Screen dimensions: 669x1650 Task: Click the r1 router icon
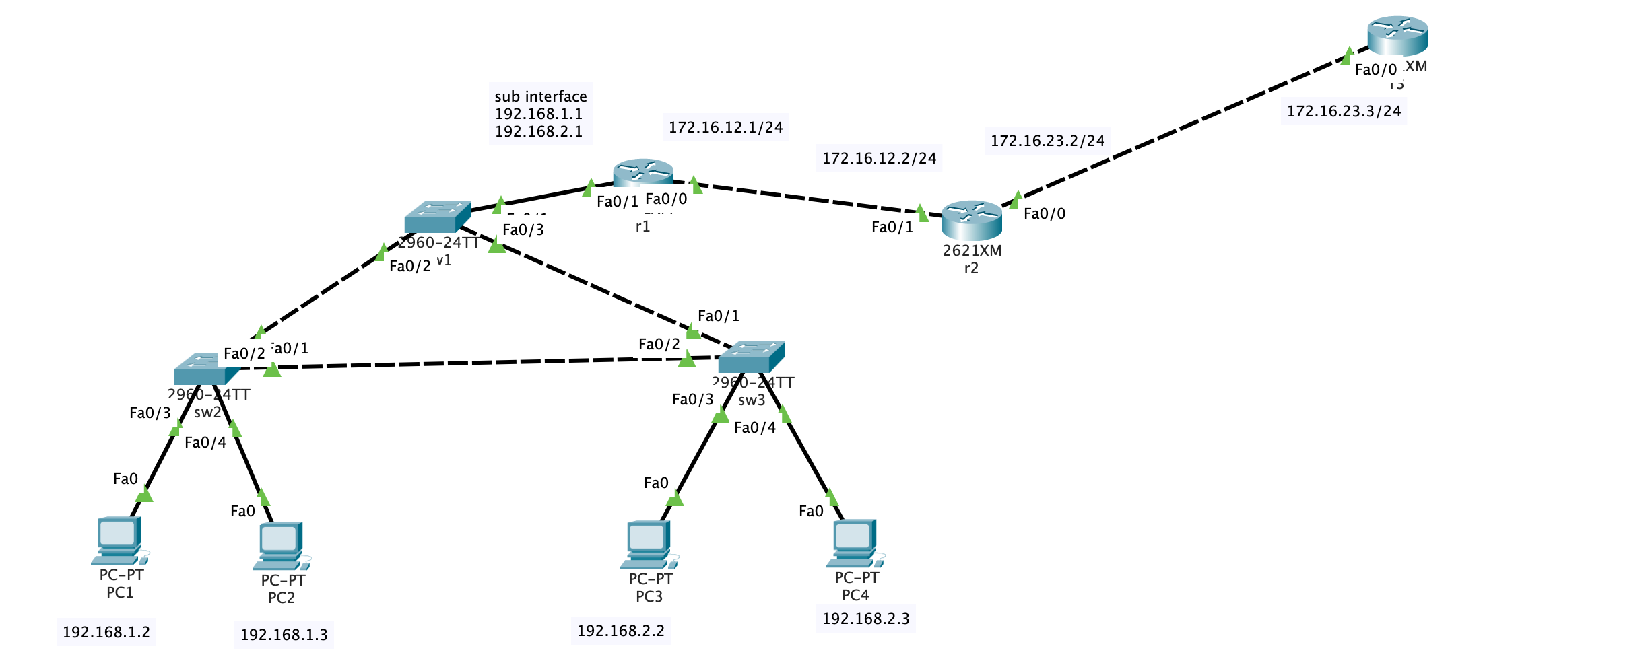point(643,172)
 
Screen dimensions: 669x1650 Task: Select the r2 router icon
point(972,220)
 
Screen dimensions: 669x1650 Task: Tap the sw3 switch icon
point(751,357)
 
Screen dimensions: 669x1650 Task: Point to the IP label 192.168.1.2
point(106,632)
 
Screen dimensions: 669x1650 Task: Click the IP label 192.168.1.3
point(284,635)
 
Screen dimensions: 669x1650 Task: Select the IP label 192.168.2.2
point(621,631)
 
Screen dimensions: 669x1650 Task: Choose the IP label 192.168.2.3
point(866,619)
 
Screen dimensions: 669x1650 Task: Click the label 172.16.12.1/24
point(726,127)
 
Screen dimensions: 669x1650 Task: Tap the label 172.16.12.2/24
point(880,158)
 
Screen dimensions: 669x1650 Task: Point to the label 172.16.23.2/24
point(1048,141)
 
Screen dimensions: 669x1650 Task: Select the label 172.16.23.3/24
point(1344,111)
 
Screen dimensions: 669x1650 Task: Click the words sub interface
point(541,96)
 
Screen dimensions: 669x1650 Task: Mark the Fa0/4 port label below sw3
point(755,427)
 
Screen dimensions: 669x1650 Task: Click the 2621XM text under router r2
point(972,250)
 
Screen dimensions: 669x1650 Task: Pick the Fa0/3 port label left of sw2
point(150,413)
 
